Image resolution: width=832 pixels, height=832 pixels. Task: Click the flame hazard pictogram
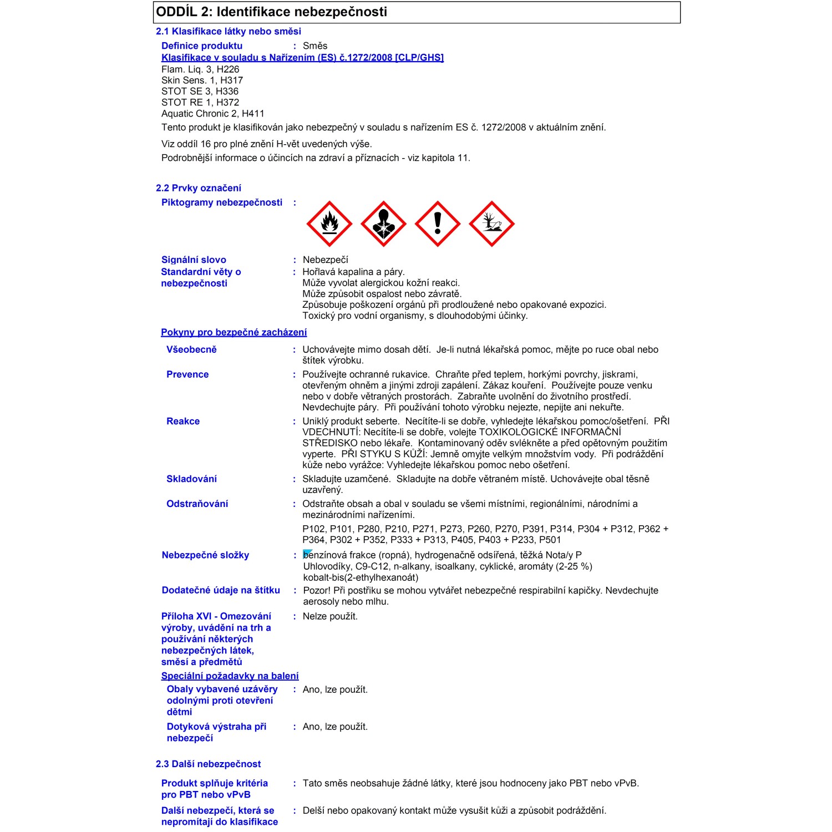coord(329,224)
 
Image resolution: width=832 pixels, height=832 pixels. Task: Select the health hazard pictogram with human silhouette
coord(383,224)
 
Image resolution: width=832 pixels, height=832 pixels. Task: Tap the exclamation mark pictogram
coord(438,224)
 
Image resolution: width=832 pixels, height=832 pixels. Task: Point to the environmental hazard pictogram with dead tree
coord(491,224)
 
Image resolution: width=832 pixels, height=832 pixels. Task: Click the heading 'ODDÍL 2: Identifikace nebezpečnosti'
coord(272,12)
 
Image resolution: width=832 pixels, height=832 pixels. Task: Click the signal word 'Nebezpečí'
coord(325,260)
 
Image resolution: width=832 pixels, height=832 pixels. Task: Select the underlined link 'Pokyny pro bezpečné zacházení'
coord(234,332)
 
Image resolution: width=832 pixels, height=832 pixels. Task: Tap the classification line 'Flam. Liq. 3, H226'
coord(200,69)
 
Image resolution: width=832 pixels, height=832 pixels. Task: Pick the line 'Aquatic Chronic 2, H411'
coord(212,114)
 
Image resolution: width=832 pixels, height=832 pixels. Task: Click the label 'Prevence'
coord(187,374)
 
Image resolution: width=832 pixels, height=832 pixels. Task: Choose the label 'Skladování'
coord(191,479)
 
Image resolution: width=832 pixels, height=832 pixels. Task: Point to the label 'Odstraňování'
coord(197,504)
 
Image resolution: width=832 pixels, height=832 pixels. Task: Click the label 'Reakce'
coord(183,421)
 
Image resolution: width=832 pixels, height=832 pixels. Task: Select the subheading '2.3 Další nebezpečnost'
coord(208,764)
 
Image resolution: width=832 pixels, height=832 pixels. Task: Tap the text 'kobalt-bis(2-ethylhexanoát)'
coord(361,577)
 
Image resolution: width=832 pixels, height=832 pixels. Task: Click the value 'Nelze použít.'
coord(330,616)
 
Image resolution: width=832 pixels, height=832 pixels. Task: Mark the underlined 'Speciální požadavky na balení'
coord(230,676)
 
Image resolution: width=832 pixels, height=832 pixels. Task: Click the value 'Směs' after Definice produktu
coord(315,46)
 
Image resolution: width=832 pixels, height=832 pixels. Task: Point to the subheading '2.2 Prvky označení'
coord(199,188)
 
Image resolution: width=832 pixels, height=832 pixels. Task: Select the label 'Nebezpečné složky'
coord(205,555)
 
